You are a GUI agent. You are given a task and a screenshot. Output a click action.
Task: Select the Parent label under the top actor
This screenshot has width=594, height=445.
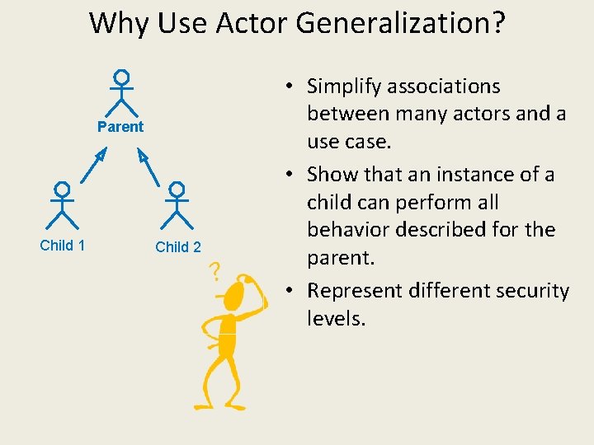pyautogui.click(x=120, y=127)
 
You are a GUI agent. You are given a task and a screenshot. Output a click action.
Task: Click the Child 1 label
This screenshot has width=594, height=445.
pyautogui.click(x=63, y=245)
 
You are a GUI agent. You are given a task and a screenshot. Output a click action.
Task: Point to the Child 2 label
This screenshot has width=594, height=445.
pyautogui.click(x=178, y=246)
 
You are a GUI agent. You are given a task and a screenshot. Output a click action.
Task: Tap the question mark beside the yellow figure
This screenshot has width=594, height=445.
pyautogui.click(x=214, y=270)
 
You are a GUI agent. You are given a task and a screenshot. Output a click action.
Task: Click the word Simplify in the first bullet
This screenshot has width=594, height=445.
pyautogui.click(x=343, y=87)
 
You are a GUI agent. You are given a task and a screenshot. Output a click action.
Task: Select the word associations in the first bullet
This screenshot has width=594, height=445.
pyautogui.click(x=444, y=87)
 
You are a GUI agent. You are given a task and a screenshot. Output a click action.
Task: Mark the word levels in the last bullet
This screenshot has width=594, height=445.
pyautogui.click(x=335, y=318)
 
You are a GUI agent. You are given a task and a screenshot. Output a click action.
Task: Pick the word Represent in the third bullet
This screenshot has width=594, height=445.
pyautogui.click(x=361, y=291)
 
